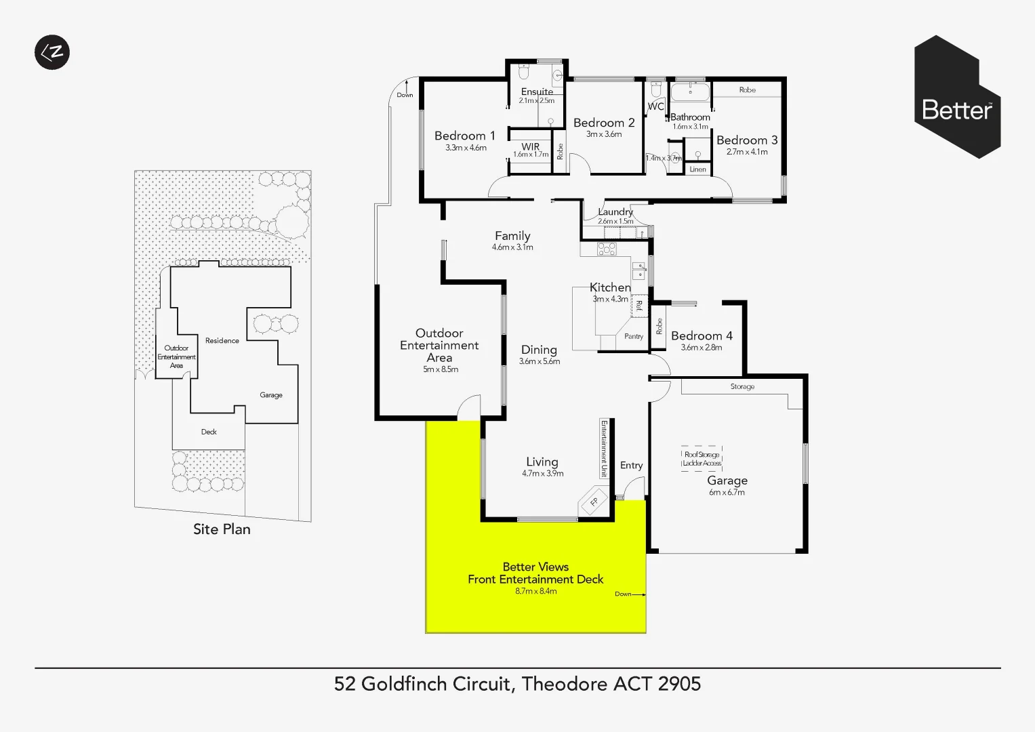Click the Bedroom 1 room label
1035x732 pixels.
464,136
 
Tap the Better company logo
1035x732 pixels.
957,97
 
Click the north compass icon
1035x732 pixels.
52,52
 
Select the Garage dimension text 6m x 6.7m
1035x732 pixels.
727,493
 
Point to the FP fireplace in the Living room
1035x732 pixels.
594,502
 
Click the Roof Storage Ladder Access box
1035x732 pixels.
702,459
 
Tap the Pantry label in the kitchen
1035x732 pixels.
634,336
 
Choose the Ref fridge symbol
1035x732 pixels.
638,306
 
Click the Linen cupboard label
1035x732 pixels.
697,169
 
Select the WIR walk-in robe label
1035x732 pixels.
530,146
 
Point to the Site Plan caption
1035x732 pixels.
222,529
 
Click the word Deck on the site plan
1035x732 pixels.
209,432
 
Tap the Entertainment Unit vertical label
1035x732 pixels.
603,449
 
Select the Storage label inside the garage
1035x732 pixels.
742,386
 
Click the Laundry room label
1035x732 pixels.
615,212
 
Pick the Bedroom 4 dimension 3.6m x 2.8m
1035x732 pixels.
701,348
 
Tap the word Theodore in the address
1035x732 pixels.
565,684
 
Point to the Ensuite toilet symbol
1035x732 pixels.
523,72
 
